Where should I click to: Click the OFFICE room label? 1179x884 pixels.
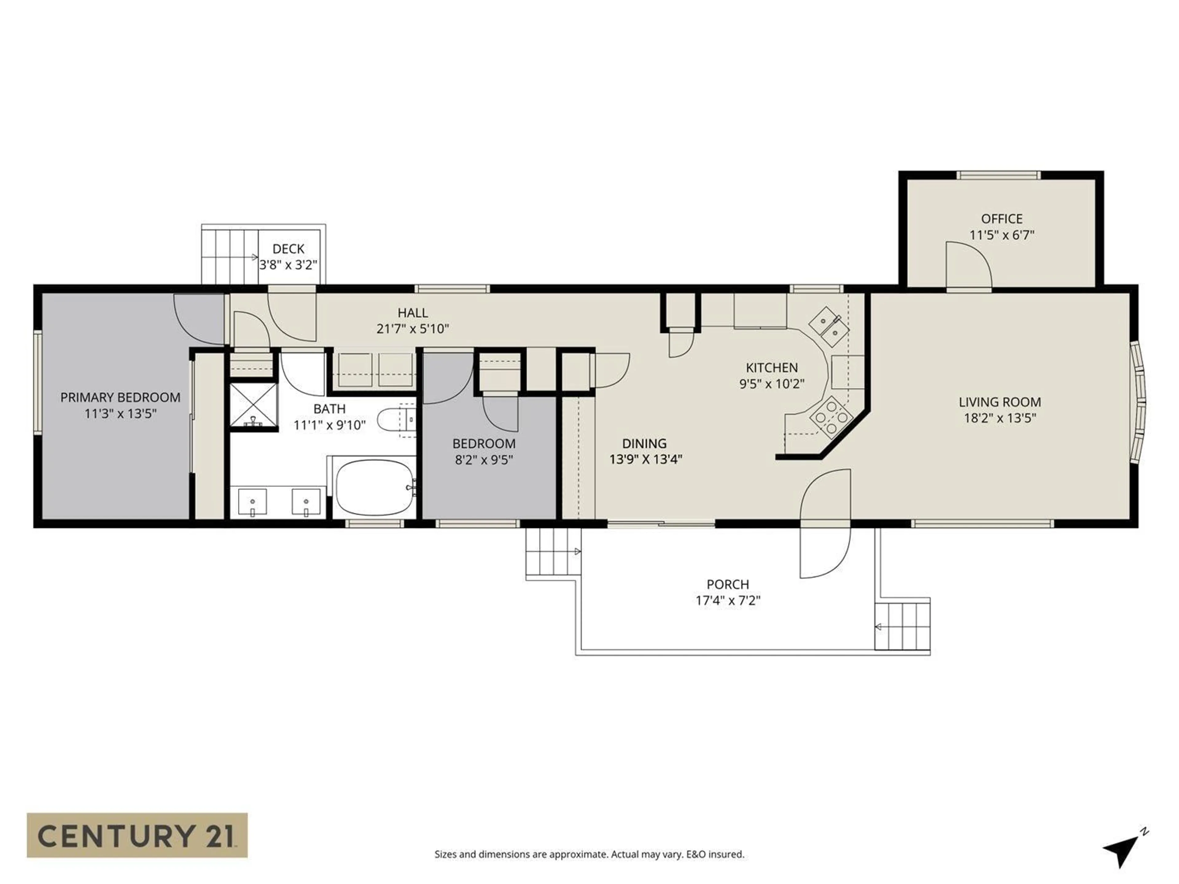tap(1002, 219)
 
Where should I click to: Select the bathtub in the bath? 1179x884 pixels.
tap(375, 487)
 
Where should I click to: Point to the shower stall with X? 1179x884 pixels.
tap(254, 406)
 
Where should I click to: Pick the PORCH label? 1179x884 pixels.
tap(728, 584)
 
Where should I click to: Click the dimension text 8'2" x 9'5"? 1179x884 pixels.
tap(484, 459)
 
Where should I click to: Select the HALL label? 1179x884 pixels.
tap(413, 313)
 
